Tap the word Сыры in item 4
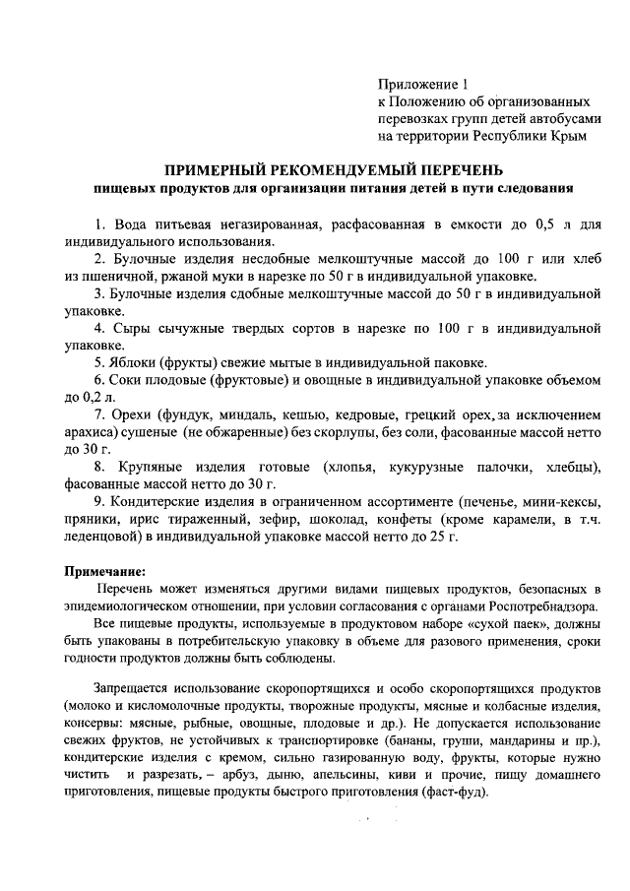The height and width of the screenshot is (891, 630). [x=134, y=328]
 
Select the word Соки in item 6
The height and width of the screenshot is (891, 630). [x=130, y=380]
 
